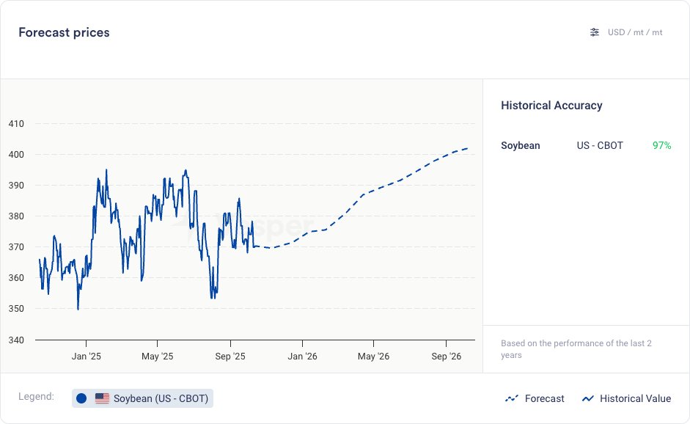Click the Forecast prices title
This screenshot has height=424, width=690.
coord(64,32)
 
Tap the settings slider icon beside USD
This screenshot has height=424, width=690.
coord(595,32)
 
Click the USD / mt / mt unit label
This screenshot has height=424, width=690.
coord(635,32)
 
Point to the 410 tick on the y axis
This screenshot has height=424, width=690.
coord(16,124)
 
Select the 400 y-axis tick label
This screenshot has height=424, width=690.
coord(16,155)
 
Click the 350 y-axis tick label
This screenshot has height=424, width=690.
coord(16,309)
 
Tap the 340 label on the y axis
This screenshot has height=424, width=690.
coord(16,340)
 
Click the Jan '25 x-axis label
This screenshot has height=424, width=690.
coord(86,357)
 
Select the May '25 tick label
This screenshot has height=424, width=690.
coord(157,357)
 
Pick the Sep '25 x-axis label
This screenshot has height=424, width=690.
coord(230,357)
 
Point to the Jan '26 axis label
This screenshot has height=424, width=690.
coord(302,357)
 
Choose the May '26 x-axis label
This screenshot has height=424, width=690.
coord(373,357)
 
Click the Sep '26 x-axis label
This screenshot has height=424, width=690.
coord(446,357)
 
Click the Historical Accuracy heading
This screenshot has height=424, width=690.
coord(551,106)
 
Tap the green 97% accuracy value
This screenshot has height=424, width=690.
coord(661,145)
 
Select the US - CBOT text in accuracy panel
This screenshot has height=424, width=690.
coord(600,145)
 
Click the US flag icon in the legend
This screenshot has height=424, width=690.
coord(103,398)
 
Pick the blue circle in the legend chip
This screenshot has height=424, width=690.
coord(81,398)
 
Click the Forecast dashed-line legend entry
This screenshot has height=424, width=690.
coord(535,398)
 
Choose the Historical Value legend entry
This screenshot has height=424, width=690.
coord(627,398)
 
